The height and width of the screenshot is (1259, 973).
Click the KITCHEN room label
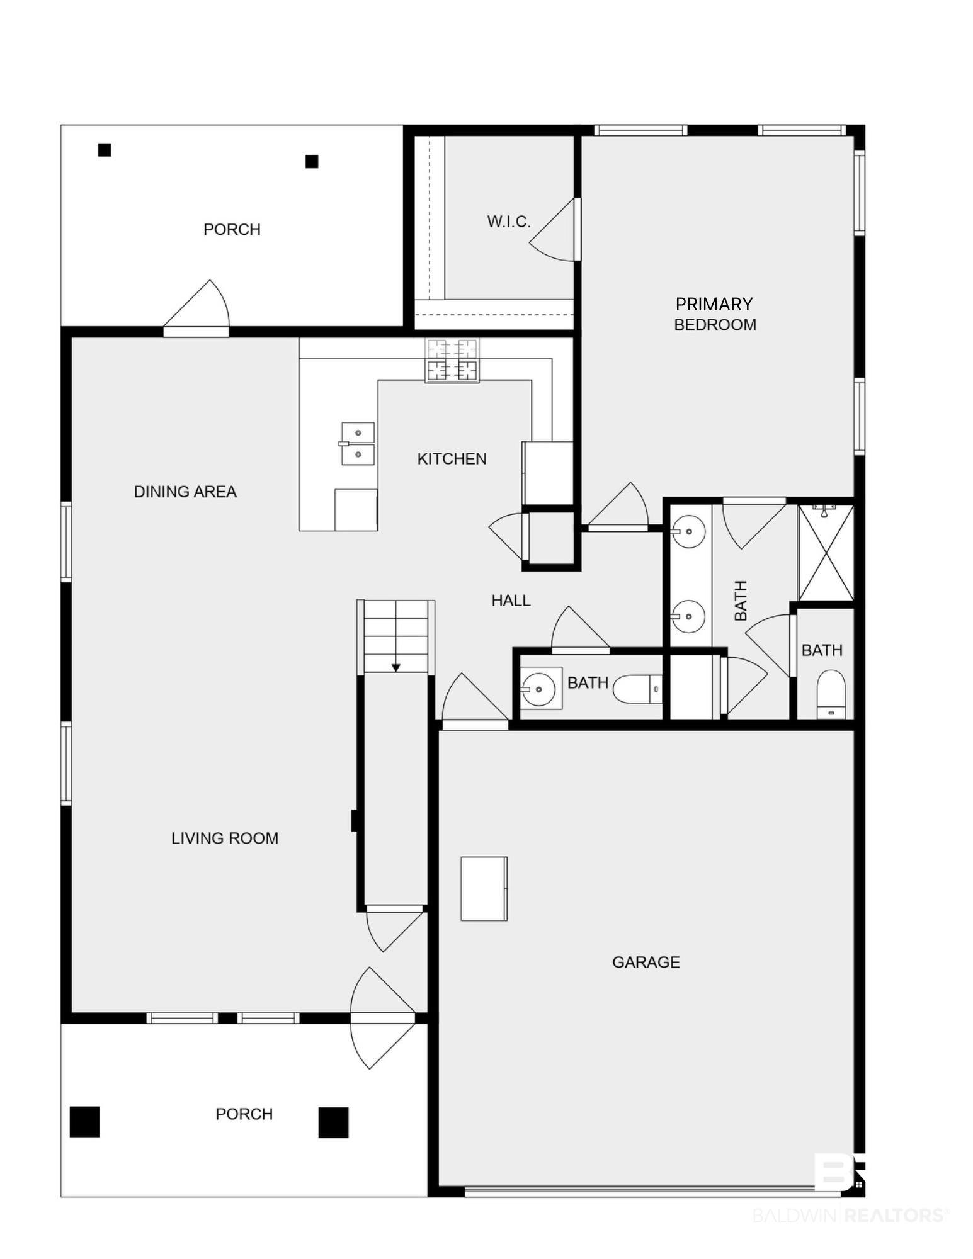click(452, 459)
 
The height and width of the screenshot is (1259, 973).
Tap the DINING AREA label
click(185, 492)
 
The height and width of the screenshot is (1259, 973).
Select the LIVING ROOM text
click(225, 838)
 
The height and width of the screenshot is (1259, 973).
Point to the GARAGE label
click(646, 963)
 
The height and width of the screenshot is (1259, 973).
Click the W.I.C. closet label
click(509, 222)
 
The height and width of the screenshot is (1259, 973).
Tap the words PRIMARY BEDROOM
click(715, 314)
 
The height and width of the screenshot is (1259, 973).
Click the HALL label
click(511, 601)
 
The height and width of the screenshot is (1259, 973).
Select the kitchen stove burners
click(452, 360)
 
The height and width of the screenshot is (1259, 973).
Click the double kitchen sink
click(357, 444)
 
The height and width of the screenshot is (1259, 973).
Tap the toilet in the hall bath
click(637, 689)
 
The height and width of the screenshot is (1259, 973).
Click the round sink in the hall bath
click(539, 689)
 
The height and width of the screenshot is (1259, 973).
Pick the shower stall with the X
click(826, 552)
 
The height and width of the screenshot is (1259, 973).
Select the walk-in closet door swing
click(552, 230)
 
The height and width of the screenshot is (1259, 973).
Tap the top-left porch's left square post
click(105, 150)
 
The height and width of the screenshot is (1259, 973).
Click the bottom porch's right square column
click(333, 1122)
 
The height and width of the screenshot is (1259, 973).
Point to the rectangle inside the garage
click(484, 889)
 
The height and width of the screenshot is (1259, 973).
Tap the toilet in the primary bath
click(831, 694)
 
